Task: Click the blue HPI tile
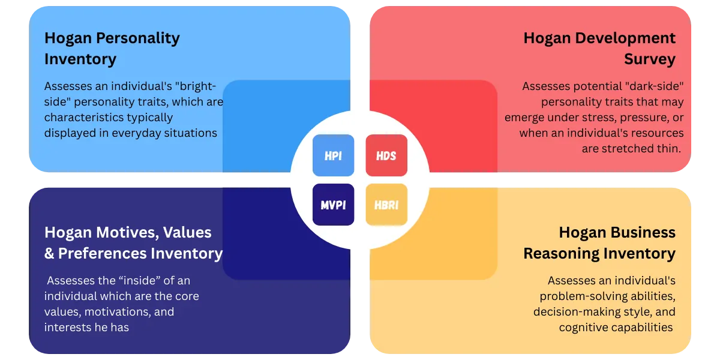pyautogui.click(x=333, y=155)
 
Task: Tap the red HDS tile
pyautogui.click(x=386, y=155)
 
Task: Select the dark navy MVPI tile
pyautogui.click(x=333, y=205)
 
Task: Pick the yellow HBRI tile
pyautogui.click(x=386, y=205)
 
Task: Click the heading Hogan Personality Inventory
pyautogui.click(x=112, y=49)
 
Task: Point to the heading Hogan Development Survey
pyautogui.click(x=599, y=49)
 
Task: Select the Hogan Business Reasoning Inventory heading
pyautogui.click(x=599, y=242)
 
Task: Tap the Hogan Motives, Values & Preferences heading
pyautogui.click(x=133, y=242)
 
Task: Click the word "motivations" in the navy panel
pyautogui.click(x=125, y=311)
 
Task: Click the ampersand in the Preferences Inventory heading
pyautogui.click(x=49, y=254)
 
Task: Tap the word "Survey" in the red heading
pyautogui.click(x=650, y=59)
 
